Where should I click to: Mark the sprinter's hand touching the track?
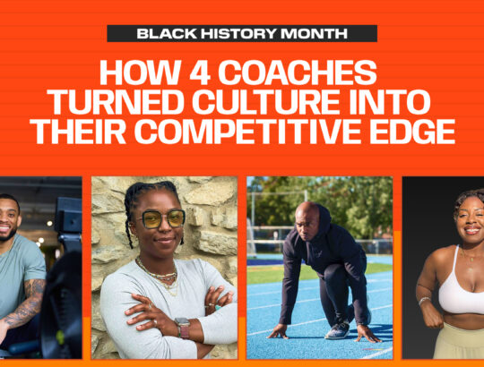[279, 332]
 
